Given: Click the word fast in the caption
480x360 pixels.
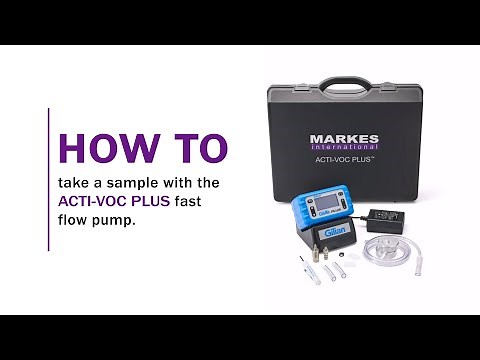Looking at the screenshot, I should click(189, 201).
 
